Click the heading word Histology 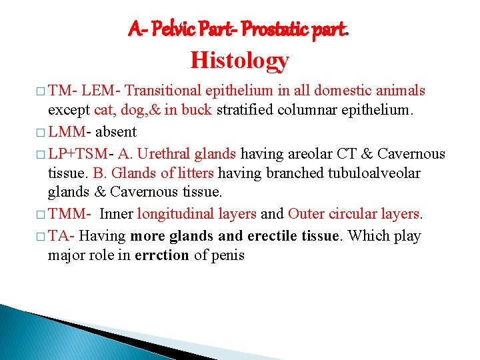[x=239, y=60]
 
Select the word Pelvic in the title [x=172, y=29]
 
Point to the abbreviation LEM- [x=103, y=91]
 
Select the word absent [x=116, y=132]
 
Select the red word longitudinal [x=173, y=215]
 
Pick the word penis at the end [x=228, y=256]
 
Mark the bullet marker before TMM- [x=41, y=215]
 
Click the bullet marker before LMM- [x=41, y=133]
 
